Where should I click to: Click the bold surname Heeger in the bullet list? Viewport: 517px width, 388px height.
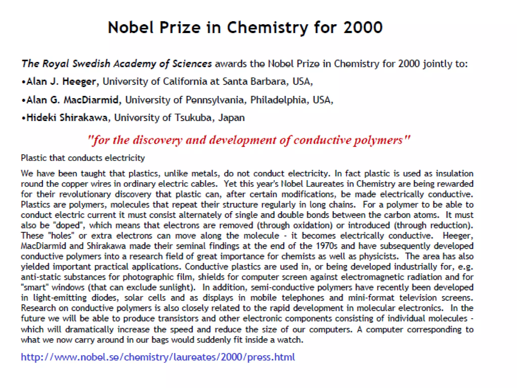pos(79,82)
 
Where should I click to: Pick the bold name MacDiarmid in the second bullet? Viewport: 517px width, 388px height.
pos(91,100)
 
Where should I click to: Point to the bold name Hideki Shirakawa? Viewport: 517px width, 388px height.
pos(67,118)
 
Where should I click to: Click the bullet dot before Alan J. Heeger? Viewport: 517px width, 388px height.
pos(23,82)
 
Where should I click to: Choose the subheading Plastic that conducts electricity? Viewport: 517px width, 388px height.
pos(83,158)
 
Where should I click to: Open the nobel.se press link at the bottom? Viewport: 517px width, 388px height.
pos(158,357)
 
